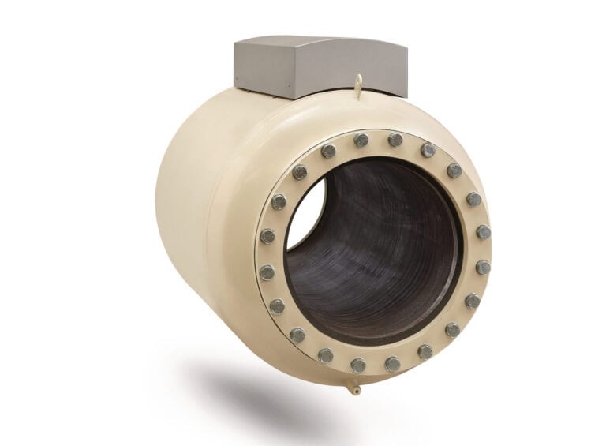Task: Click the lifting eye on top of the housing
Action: (x=358, y=81)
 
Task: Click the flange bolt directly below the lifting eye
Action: (x=361, y=141)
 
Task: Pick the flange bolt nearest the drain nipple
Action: (x=358, y=365)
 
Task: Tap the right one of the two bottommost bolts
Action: (x=392, y=364)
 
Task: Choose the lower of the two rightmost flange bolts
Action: (x=482, y=268)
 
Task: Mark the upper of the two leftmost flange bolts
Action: (x=268, y=236)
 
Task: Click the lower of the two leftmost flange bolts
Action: (x=267, y=272)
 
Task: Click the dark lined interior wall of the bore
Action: (x=387, y=237)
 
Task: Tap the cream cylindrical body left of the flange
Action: (x=205, y=221)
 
